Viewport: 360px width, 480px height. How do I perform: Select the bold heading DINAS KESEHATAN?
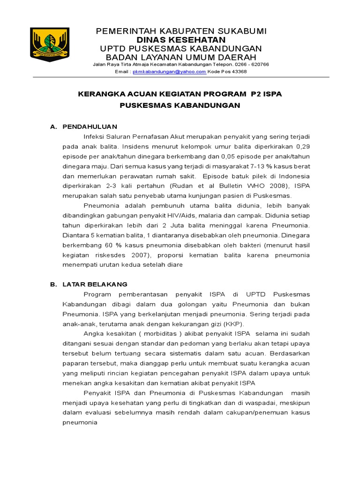[180, 40]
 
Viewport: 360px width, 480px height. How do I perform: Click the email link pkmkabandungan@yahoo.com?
[169, 72]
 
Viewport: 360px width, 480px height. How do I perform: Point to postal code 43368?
[237, 72]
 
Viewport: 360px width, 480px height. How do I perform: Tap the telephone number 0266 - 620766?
[251, 65]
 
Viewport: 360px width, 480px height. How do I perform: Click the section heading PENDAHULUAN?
[90, 127]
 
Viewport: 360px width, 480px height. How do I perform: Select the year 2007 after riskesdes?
[139, 255]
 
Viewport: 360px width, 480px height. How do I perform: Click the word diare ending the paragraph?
[173, 264]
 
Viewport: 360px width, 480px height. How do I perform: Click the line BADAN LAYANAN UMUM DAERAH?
[180, 57]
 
